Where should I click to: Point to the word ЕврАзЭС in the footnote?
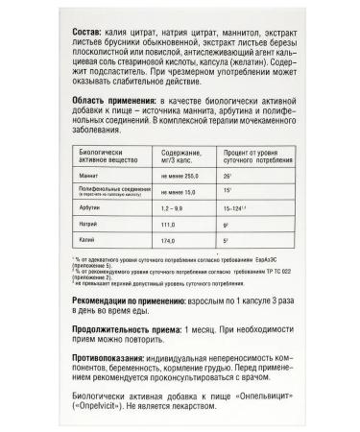tap(279, 285)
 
